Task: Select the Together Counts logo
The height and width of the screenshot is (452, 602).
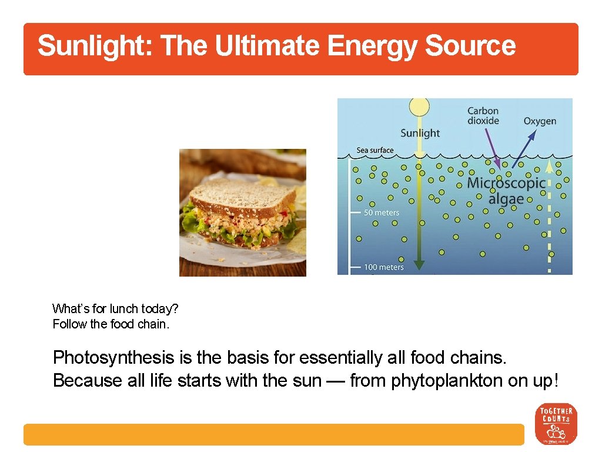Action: click(x=556, y=424)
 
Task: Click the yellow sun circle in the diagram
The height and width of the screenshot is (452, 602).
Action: click(x=419, y=107)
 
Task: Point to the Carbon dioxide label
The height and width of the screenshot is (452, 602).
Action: click(x=483, y=115)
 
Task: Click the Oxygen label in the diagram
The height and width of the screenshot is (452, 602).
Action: click(x=540, y=121)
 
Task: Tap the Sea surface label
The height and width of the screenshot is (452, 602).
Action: click(x=375, y=150)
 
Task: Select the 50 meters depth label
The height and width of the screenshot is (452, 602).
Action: click(x=381, y=212)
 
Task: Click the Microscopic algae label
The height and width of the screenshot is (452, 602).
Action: click(x=506, y=191)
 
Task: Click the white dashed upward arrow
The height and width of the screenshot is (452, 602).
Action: click(x=550, y=218)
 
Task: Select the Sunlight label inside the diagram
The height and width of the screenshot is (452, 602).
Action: click(x=420, y=133)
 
